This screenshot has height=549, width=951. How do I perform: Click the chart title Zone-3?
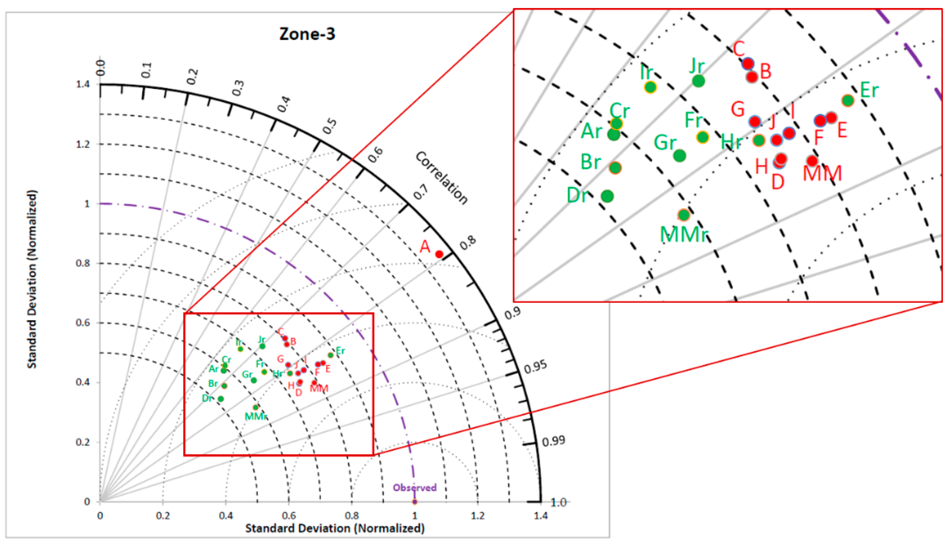click(307, 34)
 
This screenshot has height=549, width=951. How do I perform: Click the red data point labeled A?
click(439, 254)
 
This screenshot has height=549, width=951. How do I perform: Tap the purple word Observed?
click(414, 488)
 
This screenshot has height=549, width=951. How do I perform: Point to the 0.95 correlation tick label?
click(536, 367)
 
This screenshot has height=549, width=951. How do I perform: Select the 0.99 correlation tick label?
click(554, 441)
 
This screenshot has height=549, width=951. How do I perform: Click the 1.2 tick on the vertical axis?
click(83, 144)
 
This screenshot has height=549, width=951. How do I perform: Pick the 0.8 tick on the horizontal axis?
click(352, 515)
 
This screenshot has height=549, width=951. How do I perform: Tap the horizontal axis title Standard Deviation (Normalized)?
click(335, 528)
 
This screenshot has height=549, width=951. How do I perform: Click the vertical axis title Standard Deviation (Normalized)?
click(32, 279)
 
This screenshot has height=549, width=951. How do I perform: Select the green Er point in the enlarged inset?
click(848, 101)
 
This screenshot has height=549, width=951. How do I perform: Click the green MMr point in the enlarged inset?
click(684, 215)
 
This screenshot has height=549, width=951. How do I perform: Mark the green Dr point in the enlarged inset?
click(607, 196)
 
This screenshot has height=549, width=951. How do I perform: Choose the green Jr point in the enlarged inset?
click(698, 81)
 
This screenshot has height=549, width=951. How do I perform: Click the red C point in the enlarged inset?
click(748, 63)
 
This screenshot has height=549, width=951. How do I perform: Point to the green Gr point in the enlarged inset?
click(679, 155)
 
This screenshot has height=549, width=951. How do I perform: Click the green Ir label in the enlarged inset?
click(646, 72)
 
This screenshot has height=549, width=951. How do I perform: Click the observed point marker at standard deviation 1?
click(415, 502)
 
